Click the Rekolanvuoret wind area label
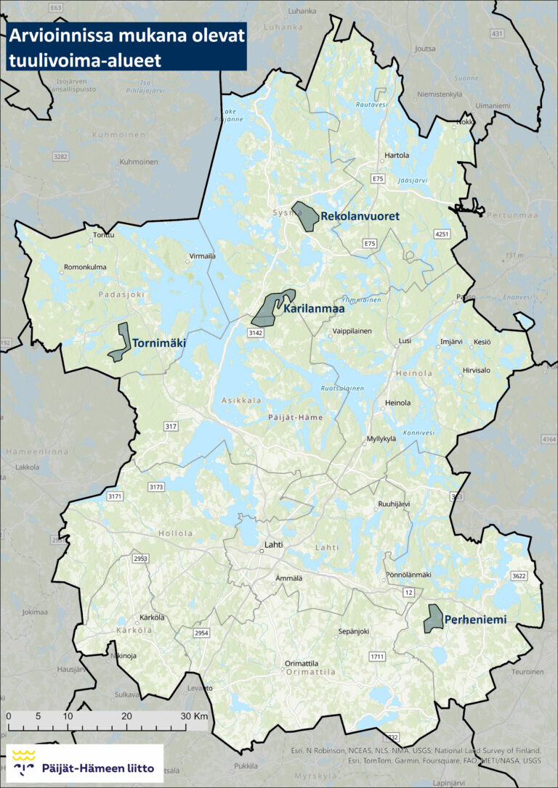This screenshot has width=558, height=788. point(360,216)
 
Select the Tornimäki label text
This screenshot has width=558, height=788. point(159,343)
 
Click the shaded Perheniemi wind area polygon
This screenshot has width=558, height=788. point(434,618)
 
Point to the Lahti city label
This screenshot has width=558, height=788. point(273,544)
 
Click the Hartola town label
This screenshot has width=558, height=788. point(397,155)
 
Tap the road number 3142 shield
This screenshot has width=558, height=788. point(254,332)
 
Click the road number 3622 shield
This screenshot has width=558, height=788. point(519,576)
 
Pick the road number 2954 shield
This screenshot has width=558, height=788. point(201,633)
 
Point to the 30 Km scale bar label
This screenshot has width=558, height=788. point(195,715)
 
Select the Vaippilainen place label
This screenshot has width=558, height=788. point(352,331)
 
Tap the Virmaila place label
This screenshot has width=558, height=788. point(202,256)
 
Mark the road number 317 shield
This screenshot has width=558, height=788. point(171,427)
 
